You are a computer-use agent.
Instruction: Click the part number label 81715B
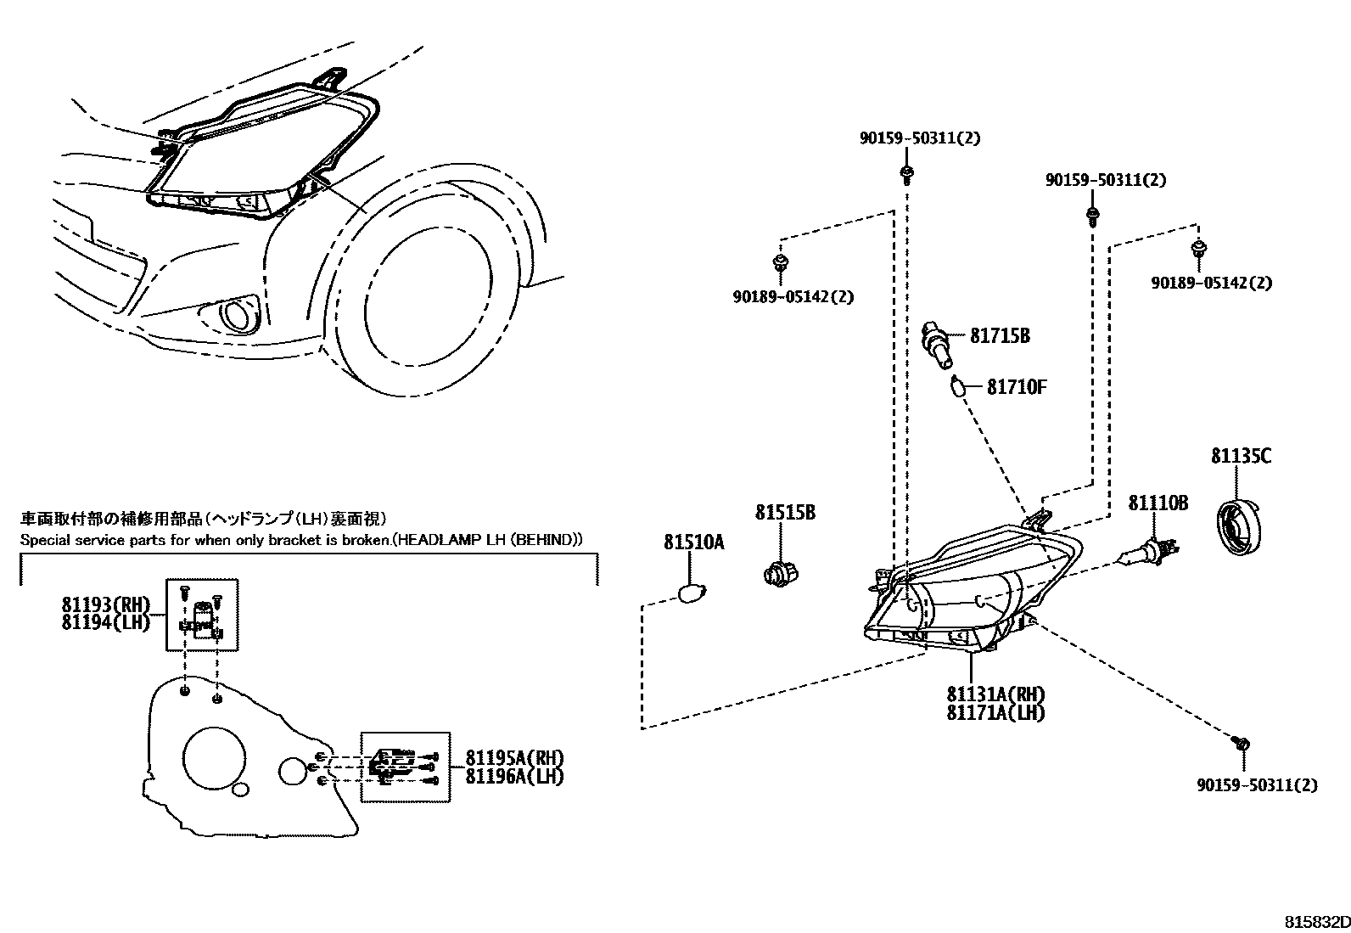click(x=1000, y=336)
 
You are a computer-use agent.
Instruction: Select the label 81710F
click(x=1016, y=387)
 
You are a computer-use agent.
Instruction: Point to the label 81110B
click(x=1158, y=503)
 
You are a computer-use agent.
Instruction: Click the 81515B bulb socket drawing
click(x=776, y=574)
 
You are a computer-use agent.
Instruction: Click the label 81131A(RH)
click(x=995, y=694)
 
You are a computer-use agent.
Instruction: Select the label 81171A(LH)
click(x=995, y=713)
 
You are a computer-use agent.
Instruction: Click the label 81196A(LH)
click(x=514, y=775)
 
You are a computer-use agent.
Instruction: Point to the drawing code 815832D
click(x=1315, y=922)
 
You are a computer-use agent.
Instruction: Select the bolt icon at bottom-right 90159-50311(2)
click(x=1241, y=744)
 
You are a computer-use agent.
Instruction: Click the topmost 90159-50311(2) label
click(x=919, y=138)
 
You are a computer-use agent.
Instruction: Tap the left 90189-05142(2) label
click(x=793, y=297)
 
